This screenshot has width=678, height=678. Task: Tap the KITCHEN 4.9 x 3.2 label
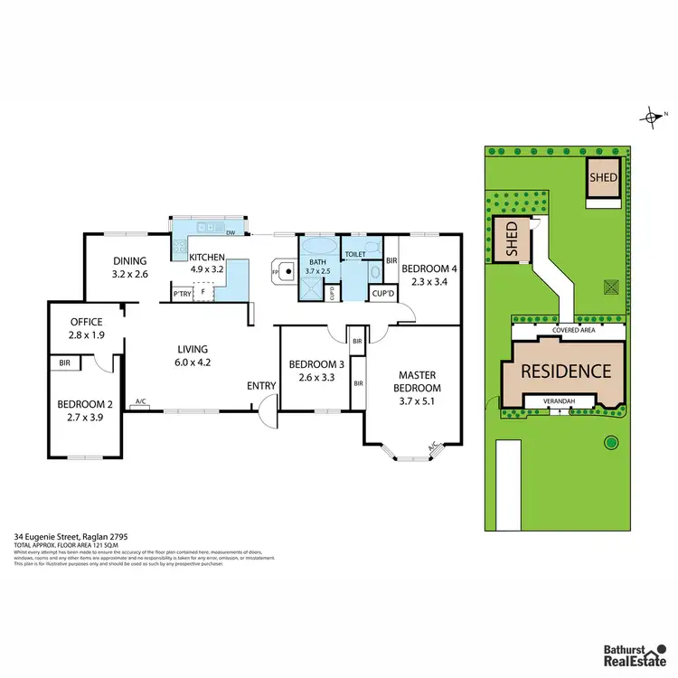point(207,263)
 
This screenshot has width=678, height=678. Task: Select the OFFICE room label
point(87,328)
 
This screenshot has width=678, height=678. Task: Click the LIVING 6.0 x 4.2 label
point(193,355)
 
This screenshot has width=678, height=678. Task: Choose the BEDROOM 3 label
point(311,372)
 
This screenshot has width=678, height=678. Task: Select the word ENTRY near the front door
point(261,386)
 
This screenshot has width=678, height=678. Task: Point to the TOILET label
point(355,255)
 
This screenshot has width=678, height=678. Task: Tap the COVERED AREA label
point(572,332)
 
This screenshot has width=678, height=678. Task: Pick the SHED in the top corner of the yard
point(603,178)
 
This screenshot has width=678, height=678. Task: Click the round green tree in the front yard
point(610,443)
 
